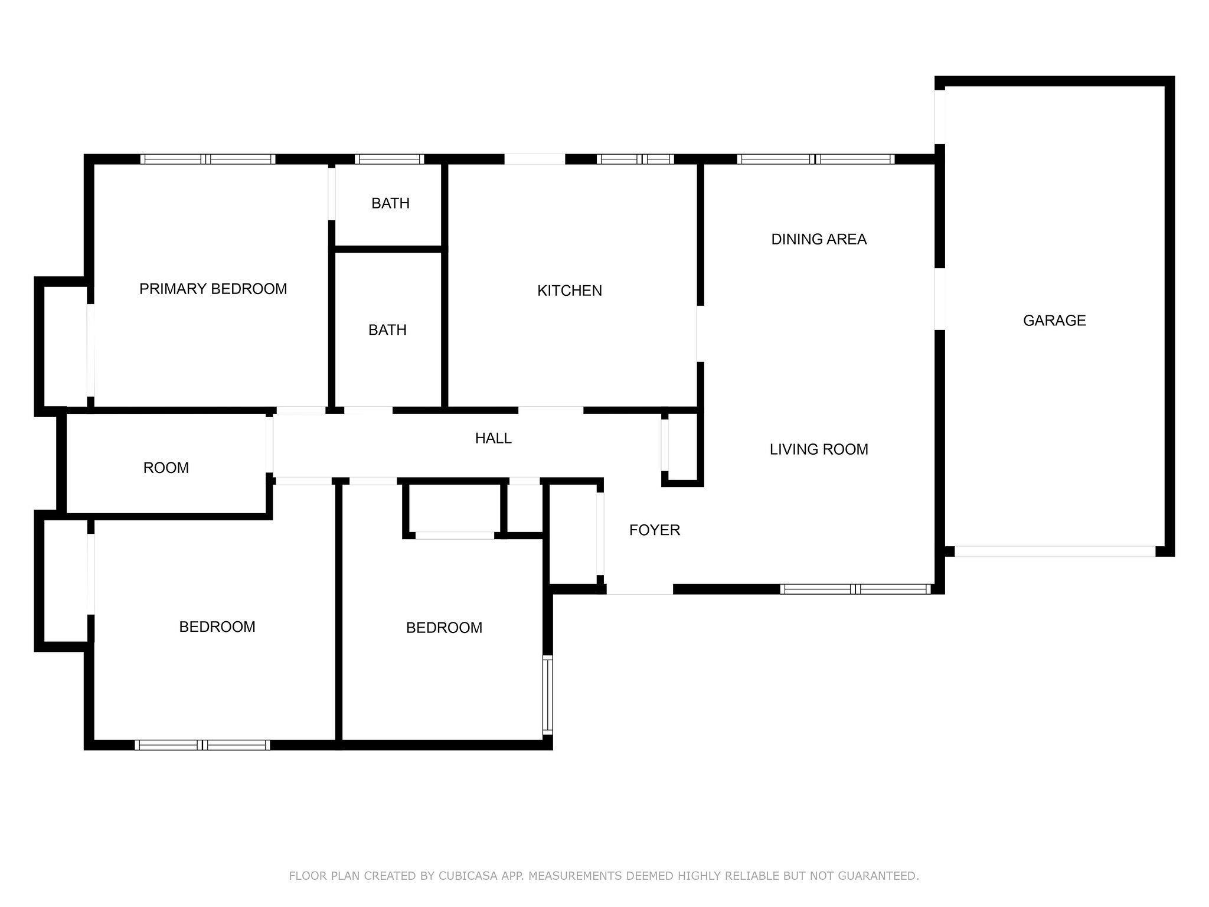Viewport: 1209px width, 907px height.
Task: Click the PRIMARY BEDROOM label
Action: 213,289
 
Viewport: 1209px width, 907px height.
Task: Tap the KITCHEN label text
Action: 570,291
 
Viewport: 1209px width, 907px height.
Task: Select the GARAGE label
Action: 1054,321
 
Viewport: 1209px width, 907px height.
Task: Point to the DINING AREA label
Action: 819,239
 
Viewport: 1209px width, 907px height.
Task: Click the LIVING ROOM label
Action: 819,449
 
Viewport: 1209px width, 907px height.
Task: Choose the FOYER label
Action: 655,530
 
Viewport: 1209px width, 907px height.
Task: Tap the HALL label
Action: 494,438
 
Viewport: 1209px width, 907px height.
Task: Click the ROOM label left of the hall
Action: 166,468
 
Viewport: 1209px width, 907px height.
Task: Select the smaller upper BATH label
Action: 390,203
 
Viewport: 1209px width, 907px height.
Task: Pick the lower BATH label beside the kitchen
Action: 387,329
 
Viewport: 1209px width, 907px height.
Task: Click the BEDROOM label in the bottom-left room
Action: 217,627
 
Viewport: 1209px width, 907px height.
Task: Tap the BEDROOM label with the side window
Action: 444,628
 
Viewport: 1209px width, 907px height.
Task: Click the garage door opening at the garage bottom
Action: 1054,552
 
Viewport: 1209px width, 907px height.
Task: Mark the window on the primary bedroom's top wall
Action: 208,159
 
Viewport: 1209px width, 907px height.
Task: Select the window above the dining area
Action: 816,159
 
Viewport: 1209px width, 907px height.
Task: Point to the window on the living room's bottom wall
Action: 855,589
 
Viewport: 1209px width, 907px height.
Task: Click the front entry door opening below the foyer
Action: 640,589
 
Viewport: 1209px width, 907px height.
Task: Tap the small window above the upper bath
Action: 390,159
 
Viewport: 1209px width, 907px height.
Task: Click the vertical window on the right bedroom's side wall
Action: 548,695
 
